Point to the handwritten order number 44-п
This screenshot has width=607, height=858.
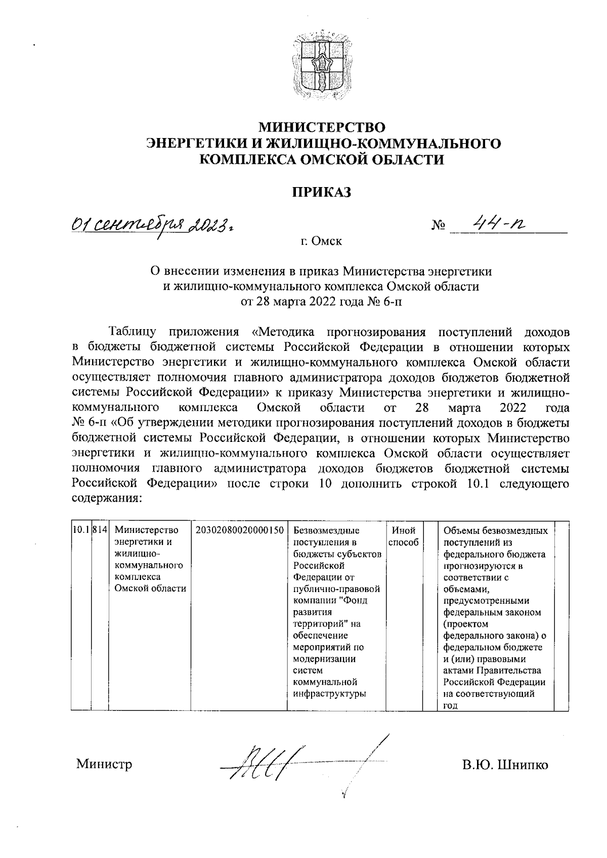[496, 223]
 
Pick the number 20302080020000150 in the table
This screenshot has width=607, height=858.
[238, 530]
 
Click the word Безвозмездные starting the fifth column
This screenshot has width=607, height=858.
[326, 530]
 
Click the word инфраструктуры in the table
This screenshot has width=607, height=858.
[329, 694]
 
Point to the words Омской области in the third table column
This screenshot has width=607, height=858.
[150, 589]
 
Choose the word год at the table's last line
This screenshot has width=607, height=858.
[450, 706]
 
